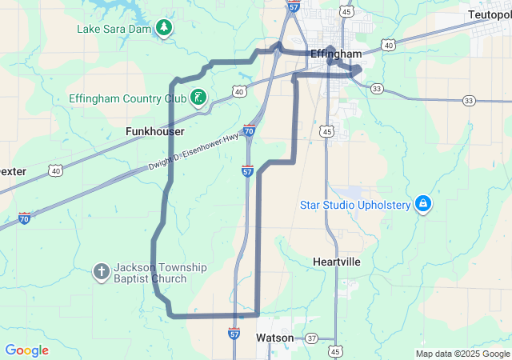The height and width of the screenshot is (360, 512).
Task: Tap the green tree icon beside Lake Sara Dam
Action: point(164,29)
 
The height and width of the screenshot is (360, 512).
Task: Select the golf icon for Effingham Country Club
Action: point(198,98)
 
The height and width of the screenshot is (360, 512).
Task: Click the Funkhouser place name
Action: point(155,131)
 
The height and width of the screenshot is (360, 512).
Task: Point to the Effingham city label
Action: point(336,54)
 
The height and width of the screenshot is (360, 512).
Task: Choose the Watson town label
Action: point(275,338)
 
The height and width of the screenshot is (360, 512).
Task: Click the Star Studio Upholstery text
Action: point(354,205)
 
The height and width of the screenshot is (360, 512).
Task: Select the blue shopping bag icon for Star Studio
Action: point(423,205)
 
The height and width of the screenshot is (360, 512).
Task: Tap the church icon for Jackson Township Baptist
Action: point(102,272)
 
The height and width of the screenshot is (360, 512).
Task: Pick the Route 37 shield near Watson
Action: point(312,338)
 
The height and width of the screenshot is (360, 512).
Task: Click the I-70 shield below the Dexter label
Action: point(25,218)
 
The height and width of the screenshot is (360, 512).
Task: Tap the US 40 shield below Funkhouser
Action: point(55,170)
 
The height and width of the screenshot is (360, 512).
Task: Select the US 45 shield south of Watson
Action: point(335,351)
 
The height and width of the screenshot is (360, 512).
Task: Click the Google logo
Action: point(26,350)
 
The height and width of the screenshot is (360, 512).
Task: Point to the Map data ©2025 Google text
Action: point(462,354)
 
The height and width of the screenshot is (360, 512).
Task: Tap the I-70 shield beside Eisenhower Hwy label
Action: point(250,130)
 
